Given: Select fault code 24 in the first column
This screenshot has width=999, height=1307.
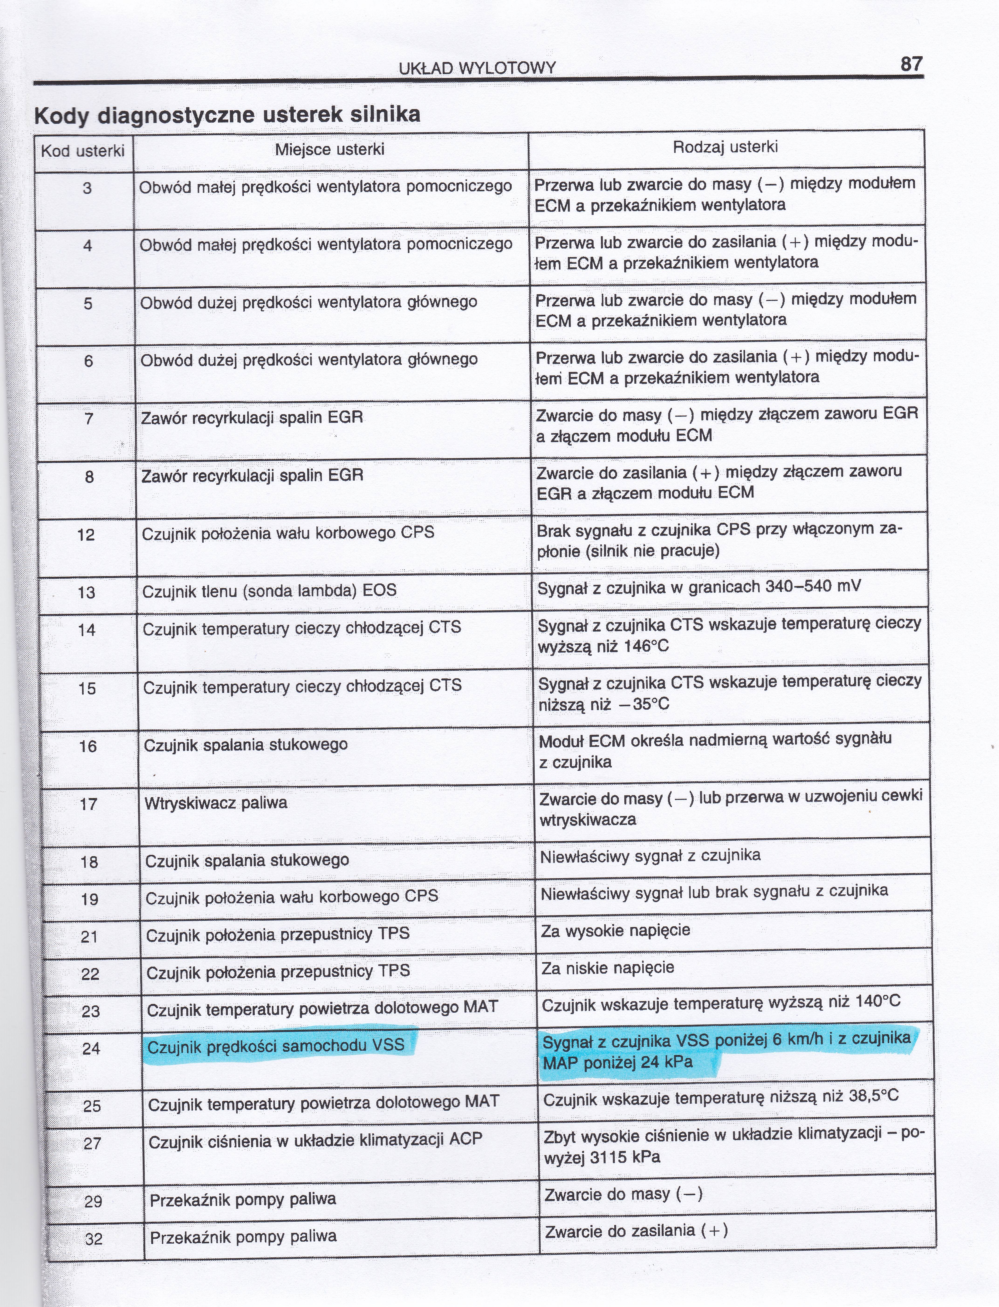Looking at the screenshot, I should [91, 1048].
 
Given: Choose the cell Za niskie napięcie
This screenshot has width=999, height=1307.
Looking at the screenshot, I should [608, 968].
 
